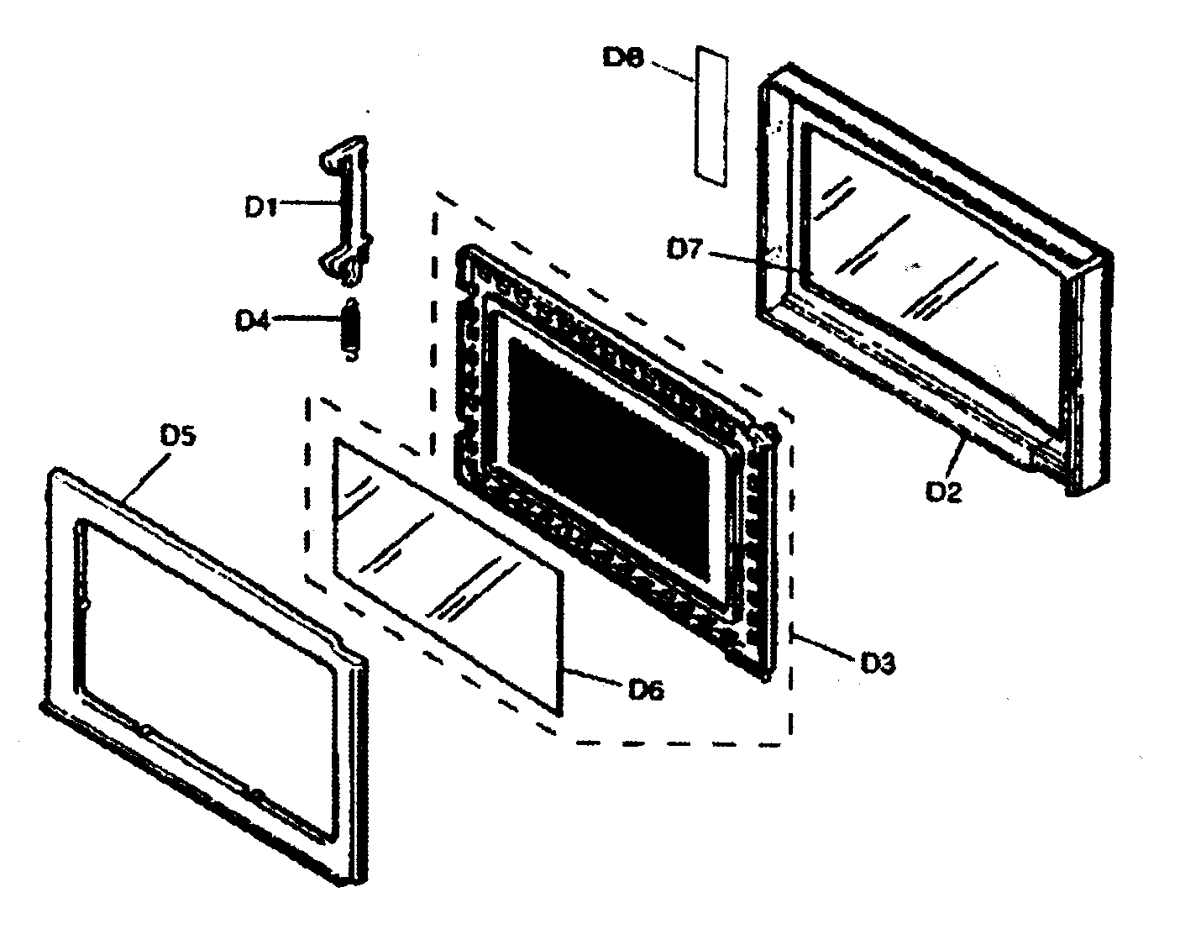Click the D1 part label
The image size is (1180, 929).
tap(261, 206)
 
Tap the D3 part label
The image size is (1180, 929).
tap(878, 663)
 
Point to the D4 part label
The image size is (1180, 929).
tap(251, 320)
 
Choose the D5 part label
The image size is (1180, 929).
tap(177, 437)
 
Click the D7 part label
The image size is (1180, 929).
tap(684, 249)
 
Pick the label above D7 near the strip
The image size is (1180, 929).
tap(622, 58)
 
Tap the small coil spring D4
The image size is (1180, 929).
tap(352, 329)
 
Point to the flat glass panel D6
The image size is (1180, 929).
tap(445, 571)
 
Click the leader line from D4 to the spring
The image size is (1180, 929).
tap(307, 319)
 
